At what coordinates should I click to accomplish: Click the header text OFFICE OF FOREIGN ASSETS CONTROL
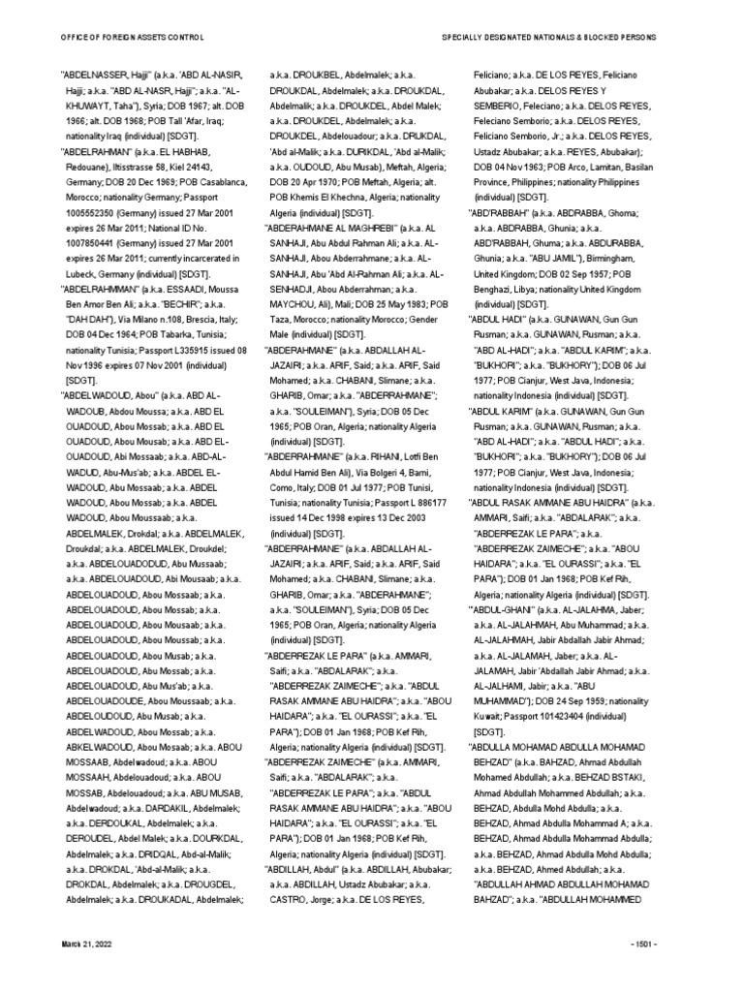(132, 37)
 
